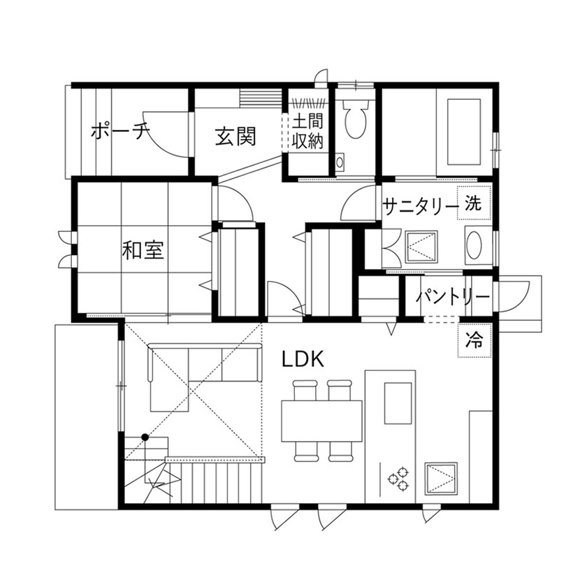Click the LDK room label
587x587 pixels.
click(x=303, y=360)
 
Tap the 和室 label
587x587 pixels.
click(x=143, y=249)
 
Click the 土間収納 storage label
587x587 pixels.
click(x=307, y=131)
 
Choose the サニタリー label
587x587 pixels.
click(x=421, y=206)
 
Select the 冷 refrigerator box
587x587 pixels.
click(x=474, y=340)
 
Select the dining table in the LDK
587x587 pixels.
click(x=321, y=420)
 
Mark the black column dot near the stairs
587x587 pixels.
click(x=145, y=437)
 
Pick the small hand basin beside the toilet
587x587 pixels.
click(x=340, y=162)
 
